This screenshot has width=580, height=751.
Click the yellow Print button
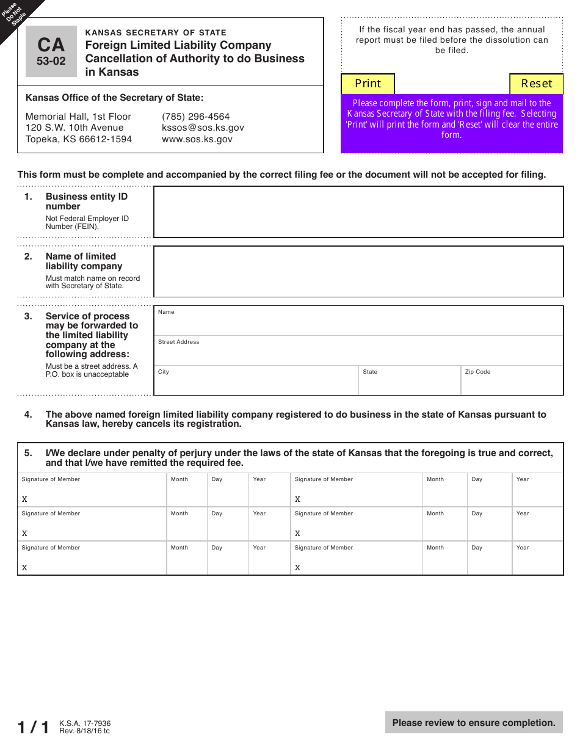tap(368, 84)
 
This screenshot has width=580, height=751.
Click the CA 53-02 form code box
tap(51, 51)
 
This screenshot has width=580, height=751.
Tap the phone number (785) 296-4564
tap(195, 117)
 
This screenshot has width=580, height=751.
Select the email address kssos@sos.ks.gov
tap(203, 128)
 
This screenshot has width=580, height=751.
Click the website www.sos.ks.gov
tap(197, 139)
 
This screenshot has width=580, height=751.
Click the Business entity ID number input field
tap(358, 212)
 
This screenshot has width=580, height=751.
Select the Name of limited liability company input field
tap(358, 272)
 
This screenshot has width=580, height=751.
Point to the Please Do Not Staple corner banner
tap(16, 16)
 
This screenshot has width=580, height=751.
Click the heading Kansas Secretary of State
tap(156, 33)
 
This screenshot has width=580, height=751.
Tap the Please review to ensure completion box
tap(474, 723)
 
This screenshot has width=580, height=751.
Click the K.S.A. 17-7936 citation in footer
tap(85, 724)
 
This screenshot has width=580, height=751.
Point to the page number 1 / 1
tap(34, 727)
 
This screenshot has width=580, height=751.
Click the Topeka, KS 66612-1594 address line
tap(79, 139)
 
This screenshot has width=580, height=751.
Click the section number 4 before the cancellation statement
tap(28, 415)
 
